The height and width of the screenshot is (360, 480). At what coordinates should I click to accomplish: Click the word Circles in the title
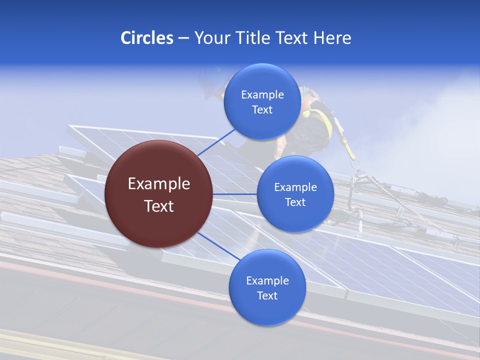(x=147, y=38)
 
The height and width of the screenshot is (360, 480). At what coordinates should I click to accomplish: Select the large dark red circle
(x=158, y=194)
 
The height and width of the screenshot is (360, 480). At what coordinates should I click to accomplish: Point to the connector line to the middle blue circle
(x=234, y=194)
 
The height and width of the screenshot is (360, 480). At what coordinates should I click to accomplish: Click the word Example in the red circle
(x=159, y=184)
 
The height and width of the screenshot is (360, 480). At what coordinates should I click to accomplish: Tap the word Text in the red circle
(x=159, y=205)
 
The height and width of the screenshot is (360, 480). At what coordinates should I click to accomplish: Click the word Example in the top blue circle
(x=262, y=95)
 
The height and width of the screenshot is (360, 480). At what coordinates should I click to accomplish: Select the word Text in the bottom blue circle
(x=267, y=295)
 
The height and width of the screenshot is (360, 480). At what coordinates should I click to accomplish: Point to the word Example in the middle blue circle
(x=295, y=187)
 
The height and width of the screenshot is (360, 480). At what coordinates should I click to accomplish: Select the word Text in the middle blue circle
(x=295, y=202)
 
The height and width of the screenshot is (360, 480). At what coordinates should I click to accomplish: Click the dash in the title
(x=183, y=38)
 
